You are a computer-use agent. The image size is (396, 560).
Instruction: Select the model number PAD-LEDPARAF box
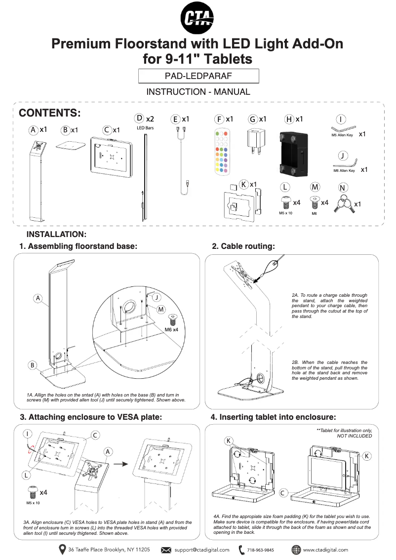pos(198,76)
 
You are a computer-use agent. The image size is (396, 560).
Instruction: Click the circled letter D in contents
pos(139,118)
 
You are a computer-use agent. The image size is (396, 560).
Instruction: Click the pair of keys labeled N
pos(342,204)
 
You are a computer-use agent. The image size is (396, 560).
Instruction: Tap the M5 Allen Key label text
pos(342,135)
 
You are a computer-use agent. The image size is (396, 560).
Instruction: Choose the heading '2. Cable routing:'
pos(243,246)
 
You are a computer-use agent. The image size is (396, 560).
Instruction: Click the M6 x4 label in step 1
pos(172,329)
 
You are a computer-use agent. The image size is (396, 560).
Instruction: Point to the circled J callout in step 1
pos(156,297)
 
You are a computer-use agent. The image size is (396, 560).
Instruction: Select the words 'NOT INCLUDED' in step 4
pos(354,436)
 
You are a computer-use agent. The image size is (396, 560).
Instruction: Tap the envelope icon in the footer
pos(166,550)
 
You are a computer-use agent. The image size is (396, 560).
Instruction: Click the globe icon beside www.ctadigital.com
pos(296,550)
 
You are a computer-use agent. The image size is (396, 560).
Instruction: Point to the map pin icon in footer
pos(62,549)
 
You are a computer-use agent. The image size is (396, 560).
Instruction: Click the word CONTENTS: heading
pos(49,113)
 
